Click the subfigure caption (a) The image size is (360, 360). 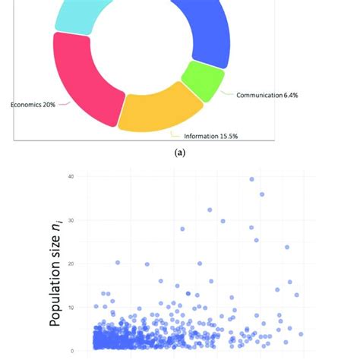tap(180, 153)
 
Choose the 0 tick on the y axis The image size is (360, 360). tap(73, 350)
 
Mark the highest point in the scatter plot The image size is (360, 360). tap(252, 179)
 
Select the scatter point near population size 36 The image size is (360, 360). tap(262, 194)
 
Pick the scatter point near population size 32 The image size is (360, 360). tap(210, 210)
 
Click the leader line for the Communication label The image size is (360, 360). tap(226, 94)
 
